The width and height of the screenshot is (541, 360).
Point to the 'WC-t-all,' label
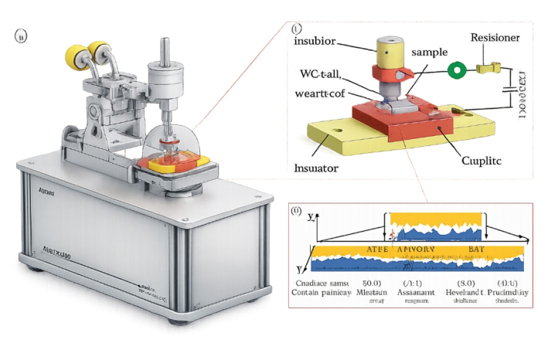pos(322,74)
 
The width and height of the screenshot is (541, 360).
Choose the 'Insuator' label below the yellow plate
pos(316,166)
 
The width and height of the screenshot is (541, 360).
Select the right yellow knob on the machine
pos(100,51)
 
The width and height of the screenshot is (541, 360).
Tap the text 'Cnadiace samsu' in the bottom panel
pos(322,282)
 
